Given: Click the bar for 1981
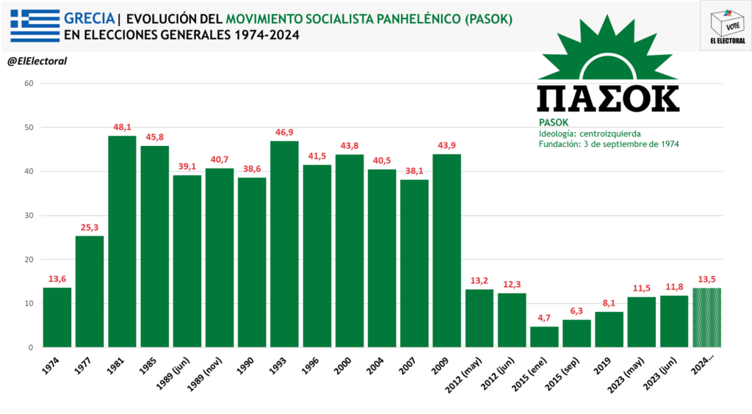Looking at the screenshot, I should tap(122, 241).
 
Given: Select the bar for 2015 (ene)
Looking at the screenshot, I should tap(544, 337).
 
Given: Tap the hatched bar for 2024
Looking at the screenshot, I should tap(706, 318).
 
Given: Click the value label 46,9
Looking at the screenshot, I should tap(284, 132).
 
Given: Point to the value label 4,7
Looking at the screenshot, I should tap(544, 318).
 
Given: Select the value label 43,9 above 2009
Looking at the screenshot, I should tap(446, 145).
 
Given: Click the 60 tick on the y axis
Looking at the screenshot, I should tap(29, 84).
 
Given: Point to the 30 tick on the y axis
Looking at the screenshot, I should tap(29, 216).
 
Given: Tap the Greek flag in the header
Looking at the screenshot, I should tap(35, 26).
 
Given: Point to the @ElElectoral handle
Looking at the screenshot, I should tap(37, 61).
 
